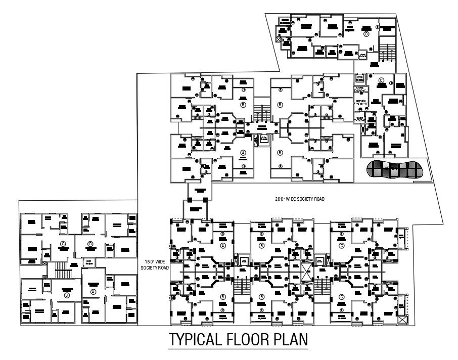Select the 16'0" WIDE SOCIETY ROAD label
156,264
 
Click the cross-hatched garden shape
394,170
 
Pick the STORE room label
360,88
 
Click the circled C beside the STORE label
382,80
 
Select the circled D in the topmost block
365,34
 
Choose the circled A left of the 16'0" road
93,292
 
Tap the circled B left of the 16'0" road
66,295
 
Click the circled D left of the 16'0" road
90,244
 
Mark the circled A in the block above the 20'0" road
243,152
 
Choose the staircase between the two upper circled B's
261,113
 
